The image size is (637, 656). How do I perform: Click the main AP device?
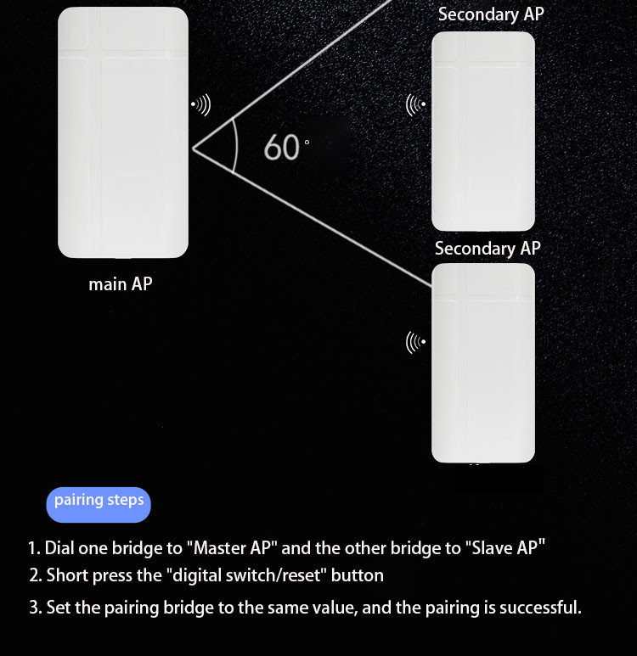122,132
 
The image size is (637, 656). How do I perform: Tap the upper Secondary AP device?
483,132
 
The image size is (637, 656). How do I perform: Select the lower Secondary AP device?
483,362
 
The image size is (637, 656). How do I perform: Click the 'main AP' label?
121,284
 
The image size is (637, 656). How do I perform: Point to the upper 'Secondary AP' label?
491,14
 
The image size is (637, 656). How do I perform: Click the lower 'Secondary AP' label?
488,249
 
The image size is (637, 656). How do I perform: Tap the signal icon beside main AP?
200,104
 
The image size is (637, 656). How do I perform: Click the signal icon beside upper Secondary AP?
416,104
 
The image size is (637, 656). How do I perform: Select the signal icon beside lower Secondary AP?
416,342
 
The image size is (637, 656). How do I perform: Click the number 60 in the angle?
281,148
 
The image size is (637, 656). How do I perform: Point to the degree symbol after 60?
307,143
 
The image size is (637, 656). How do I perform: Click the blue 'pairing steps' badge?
99,505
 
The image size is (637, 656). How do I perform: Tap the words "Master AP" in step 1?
233,548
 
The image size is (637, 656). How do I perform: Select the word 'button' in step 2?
358,575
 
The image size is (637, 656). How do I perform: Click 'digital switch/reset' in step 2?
246,575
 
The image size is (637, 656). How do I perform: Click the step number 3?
34,608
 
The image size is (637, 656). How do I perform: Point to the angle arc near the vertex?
237,147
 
